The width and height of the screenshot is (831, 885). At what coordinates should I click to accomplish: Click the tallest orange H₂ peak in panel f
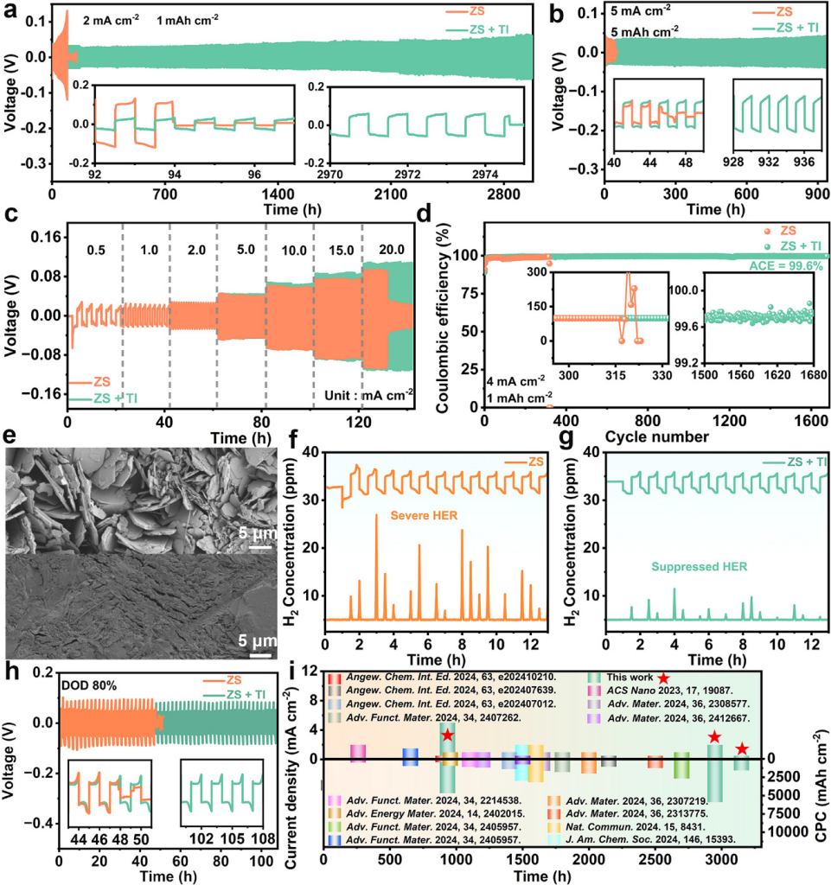pos(376,515)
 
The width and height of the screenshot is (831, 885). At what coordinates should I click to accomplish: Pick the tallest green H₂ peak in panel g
pos(674,589)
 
